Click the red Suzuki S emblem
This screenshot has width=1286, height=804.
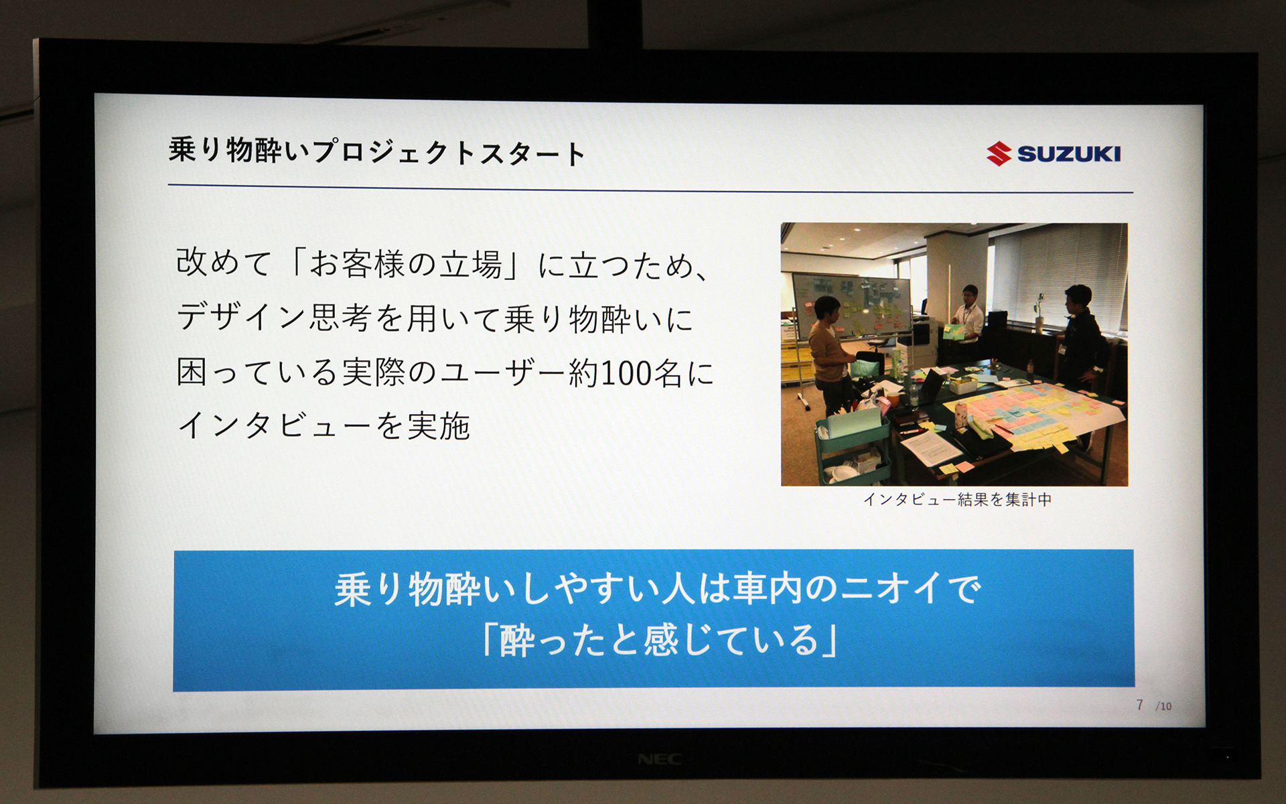pos(999,154)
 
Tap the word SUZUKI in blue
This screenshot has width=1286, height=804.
pos(1069,154)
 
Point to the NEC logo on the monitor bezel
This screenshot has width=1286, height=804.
pos(659,759)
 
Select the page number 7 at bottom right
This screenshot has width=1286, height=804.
pos(1139,704)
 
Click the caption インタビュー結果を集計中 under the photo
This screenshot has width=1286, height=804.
pos(957,499)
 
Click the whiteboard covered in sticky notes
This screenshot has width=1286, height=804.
pos(851,305)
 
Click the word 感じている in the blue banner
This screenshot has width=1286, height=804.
pos(731,640)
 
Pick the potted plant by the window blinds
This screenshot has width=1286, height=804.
pos(1039,312)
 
